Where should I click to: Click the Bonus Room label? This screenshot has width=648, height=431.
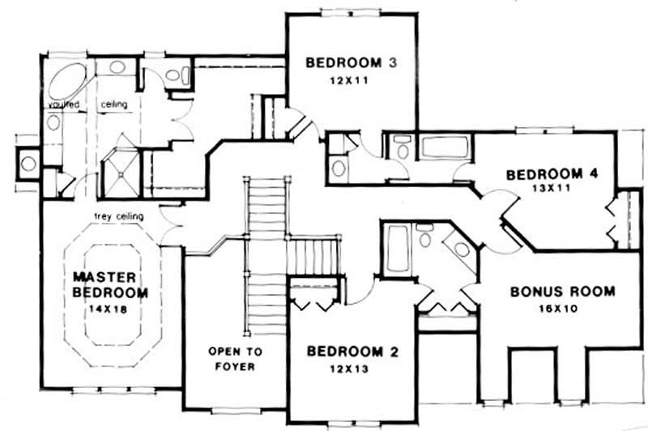(562, 292)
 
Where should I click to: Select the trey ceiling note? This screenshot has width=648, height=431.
(119, 216)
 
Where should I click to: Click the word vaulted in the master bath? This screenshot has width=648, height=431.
(62, 105)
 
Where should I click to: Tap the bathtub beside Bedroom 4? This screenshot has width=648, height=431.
(446, 148)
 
